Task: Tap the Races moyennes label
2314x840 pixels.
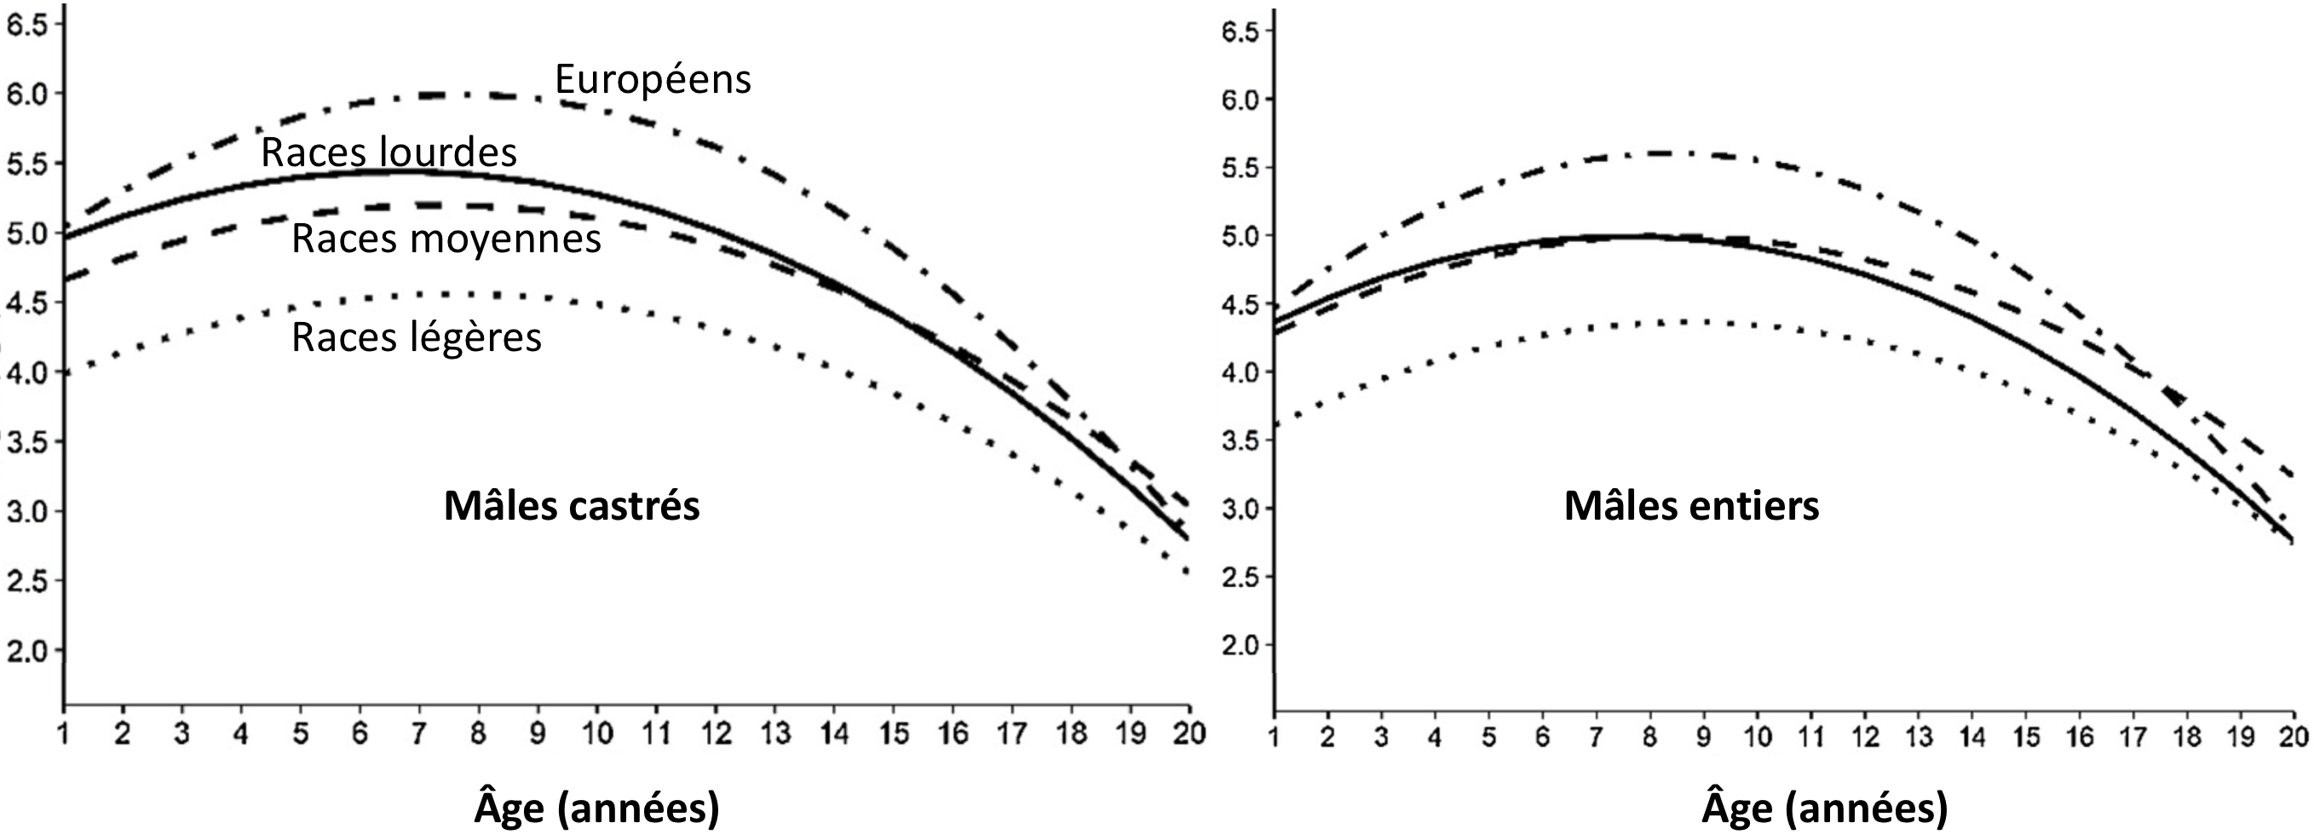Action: [446, 239]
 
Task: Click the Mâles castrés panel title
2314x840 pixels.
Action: [572, 506]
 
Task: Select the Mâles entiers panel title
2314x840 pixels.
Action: [1690, 506]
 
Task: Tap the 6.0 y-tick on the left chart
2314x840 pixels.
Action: [27, 94]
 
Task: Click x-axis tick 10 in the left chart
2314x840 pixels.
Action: [596, 734]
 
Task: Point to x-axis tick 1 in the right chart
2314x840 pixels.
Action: [1274, 737]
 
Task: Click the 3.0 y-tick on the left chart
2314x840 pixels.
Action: [27, 511]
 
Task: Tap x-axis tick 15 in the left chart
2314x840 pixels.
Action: [894, 734]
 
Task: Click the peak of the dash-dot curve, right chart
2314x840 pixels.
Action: [1662, 152]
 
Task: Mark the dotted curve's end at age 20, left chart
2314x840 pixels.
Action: [1188, 572]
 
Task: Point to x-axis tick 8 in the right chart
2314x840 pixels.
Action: [1649, 737]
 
